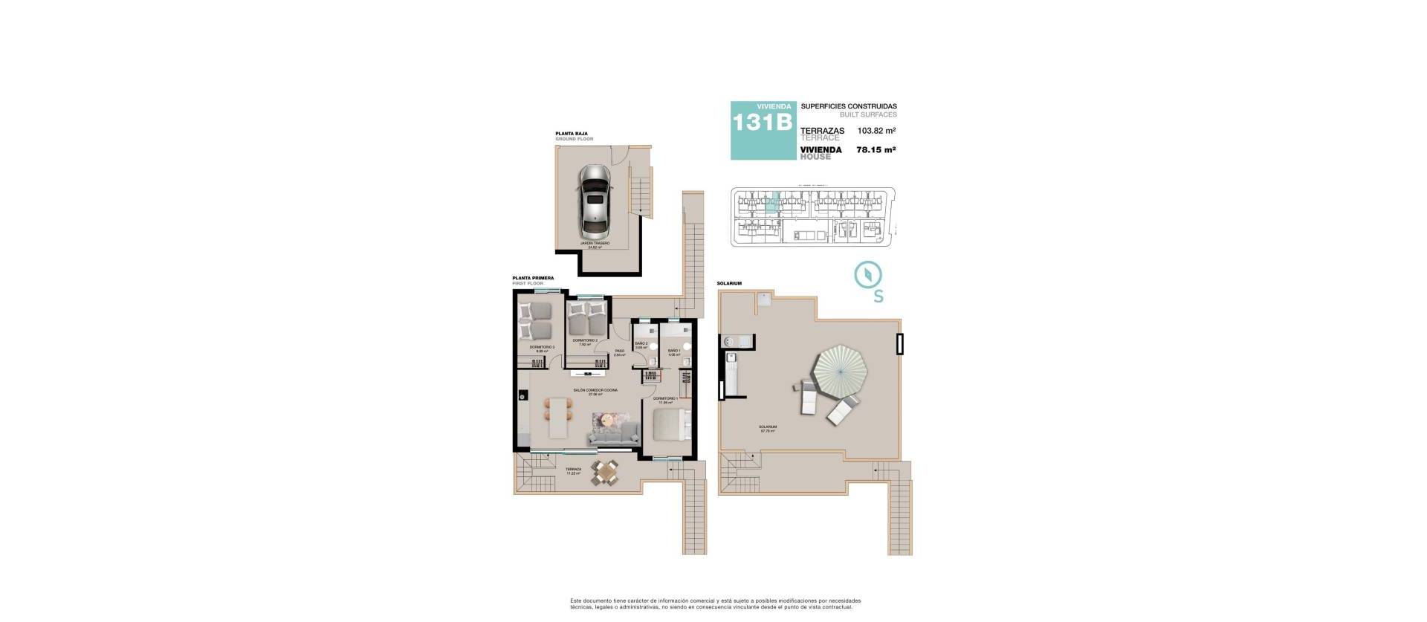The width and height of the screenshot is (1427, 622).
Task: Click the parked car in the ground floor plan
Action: tap(594, 199)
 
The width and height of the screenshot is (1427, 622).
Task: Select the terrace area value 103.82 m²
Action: tap(876, 130)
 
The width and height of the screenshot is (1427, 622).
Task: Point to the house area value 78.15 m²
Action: tap(876, 149)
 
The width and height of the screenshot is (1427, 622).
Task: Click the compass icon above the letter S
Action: tap(867, 274)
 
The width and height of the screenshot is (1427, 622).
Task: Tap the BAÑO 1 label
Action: tap(674, 351)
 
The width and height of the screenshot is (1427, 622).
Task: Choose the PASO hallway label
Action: tap(619, 352)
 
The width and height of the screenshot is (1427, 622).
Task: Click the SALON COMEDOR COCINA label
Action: tap(595, 390)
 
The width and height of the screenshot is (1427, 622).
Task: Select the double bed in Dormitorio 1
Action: tap(672, 427)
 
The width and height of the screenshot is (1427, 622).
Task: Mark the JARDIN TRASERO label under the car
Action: tap(595, 243)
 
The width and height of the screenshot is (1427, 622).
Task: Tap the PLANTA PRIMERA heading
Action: tap(533, 278)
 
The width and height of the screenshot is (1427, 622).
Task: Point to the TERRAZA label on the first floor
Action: tap(573, 470)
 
